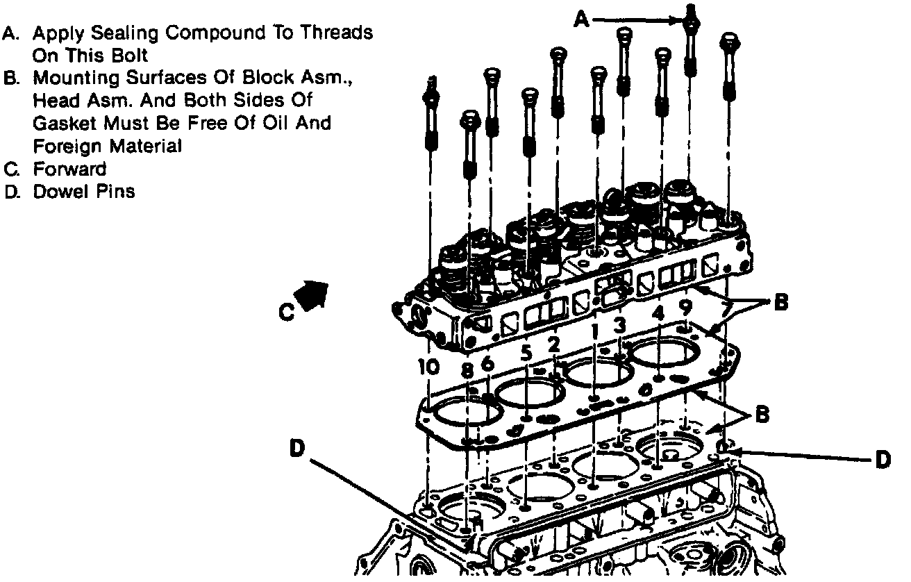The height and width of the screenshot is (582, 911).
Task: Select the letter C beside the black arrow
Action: click(x=286, y=313)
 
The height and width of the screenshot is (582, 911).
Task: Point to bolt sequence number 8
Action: click(x=467, y=369)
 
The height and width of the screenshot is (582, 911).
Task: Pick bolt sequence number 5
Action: click(x=527, y=353)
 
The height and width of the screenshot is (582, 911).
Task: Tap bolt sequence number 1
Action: click(x=594, y=333)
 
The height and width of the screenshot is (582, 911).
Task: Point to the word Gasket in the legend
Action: click(x=59, y=124)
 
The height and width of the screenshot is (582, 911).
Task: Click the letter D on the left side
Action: click(x=298, y=449)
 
